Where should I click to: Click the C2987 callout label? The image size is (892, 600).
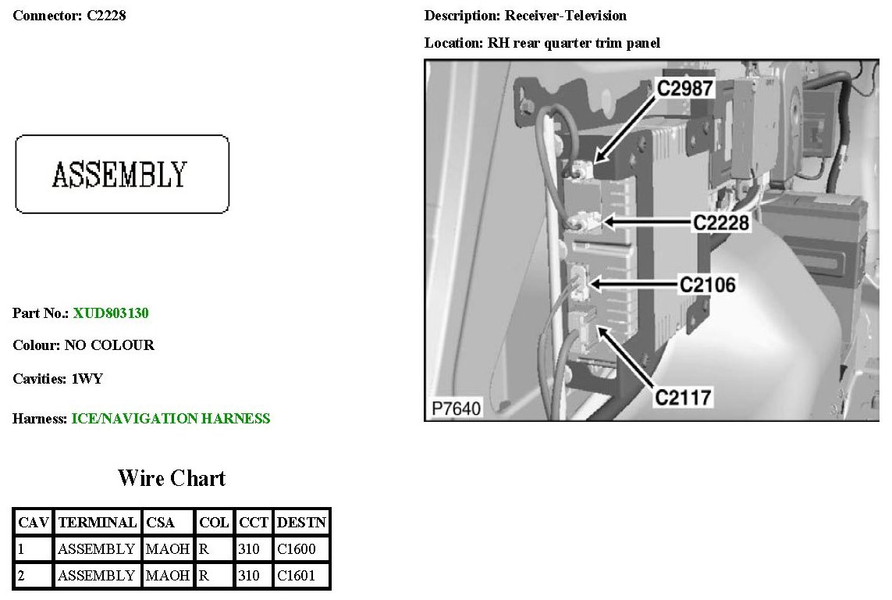(x=685, y=88)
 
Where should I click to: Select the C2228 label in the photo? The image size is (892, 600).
(x=721, y=223)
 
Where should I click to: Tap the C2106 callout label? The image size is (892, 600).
(x=707, y=284)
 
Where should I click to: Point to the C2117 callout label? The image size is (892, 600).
(x=683, y=398)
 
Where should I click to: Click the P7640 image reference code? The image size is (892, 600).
(x=456, y=408)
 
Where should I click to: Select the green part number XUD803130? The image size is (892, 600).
(x=111, y=313)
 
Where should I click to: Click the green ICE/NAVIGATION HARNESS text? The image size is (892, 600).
(x=171, y=419)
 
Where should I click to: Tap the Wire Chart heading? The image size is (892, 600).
(x=172, y=478)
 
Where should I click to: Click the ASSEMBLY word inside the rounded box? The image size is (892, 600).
(x=119, y=174)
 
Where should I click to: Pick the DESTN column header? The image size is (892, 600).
(x=301, y=522)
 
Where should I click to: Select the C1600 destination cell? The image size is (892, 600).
(x=297, y=549)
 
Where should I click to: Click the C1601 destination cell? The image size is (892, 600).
(x=297, y=577)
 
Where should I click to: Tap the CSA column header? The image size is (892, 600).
(x=161, y=522)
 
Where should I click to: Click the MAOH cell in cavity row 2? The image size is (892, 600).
(x=168, y=577)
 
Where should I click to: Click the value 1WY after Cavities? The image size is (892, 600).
(x=87, y=380)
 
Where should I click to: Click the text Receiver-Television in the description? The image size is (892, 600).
(x=566, y=16)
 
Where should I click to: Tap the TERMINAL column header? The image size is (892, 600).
(x=98, y=522)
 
